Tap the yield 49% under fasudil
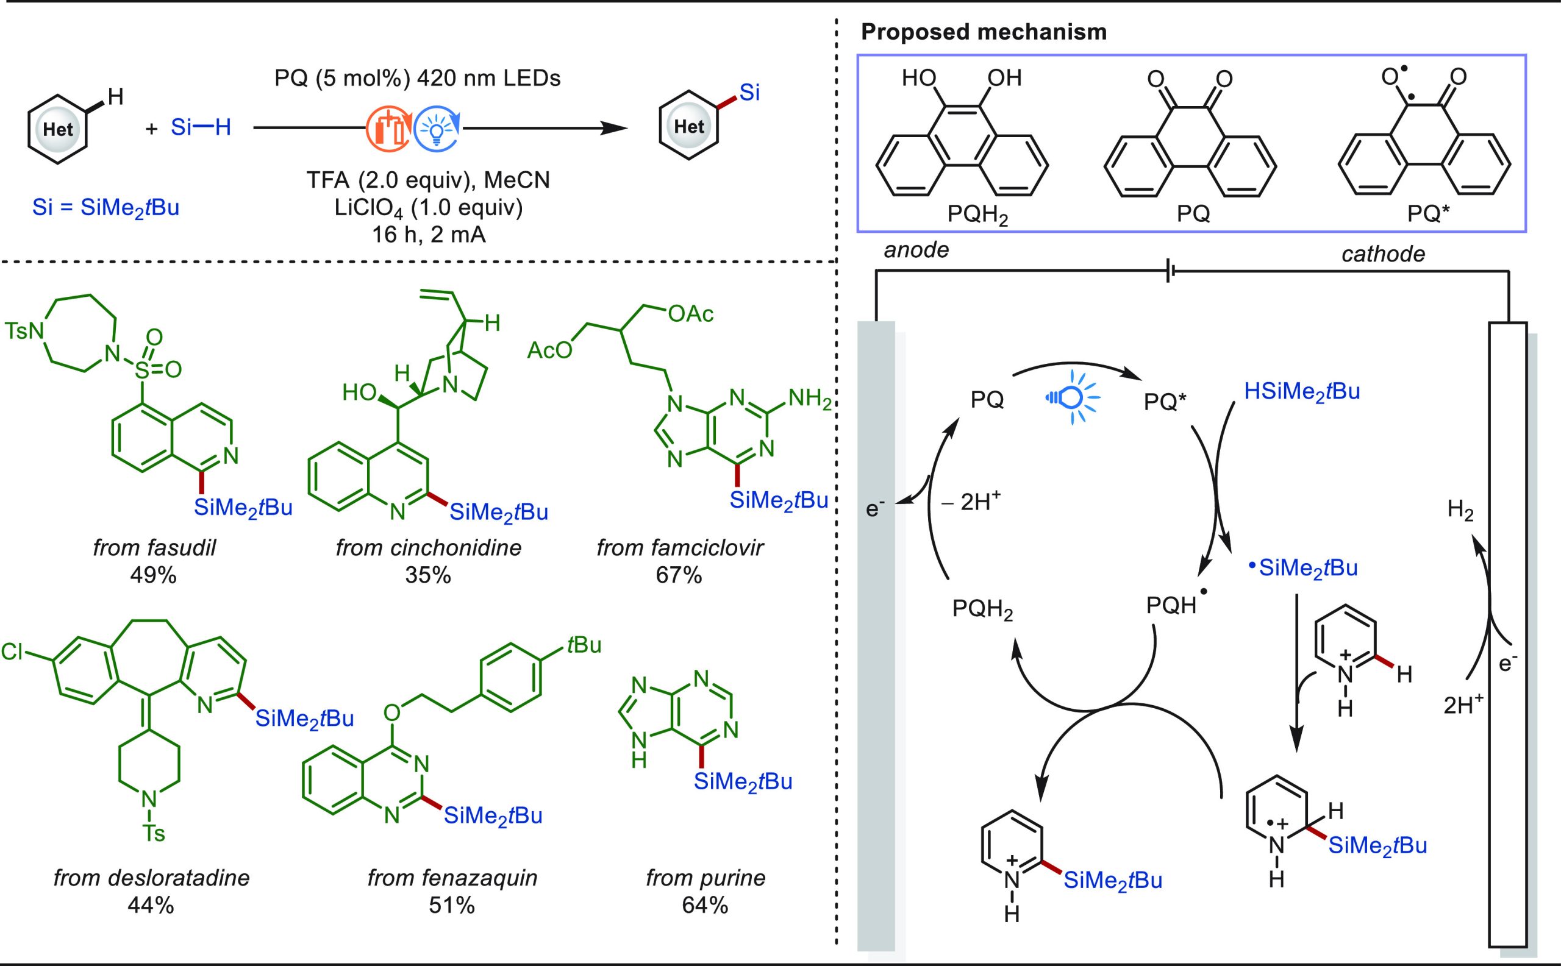point(154,575)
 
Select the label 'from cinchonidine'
point(428,547)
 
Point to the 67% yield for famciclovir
point(679,575)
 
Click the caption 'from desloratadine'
point(151,878)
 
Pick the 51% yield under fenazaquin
point(452,905)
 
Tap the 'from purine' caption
point(705,878)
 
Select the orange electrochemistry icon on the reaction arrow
point(387,129)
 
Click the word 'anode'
point(916,250)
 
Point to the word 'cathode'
point(1383,254)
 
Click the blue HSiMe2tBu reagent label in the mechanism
point(1301,392)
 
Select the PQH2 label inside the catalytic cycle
point(982,609)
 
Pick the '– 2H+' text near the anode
point(970,502)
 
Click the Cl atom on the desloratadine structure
point(12,652)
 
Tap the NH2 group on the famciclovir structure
point(810,399)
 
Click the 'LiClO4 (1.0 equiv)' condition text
point(428,208)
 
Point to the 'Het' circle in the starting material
point(57,130)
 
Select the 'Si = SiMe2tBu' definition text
point(106,208)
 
